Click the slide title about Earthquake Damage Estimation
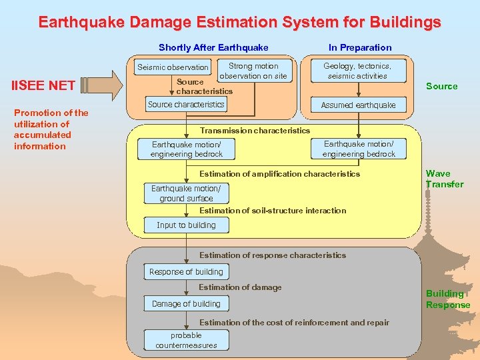[239, 23]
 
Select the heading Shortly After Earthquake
[213, 47]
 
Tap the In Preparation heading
[360, 47]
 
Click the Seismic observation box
[173, 67]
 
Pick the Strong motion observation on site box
[253, 71]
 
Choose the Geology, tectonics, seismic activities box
[357, 71]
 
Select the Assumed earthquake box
[358, 105]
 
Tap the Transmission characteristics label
[255, 131]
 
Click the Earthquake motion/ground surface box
[186, 193]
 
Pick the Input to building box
[186, 225]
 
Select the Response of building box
[186, 272]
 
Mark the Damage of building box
[186, 304]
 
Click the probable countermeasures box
[186, 340]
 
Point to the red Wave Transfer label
[444, 179]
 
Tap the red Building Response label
[447, 299]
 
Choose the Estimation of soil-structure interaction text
[273, 211]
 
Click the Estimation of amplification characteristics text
[279, 174]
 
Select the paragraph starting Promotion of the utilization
[51, 129]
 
